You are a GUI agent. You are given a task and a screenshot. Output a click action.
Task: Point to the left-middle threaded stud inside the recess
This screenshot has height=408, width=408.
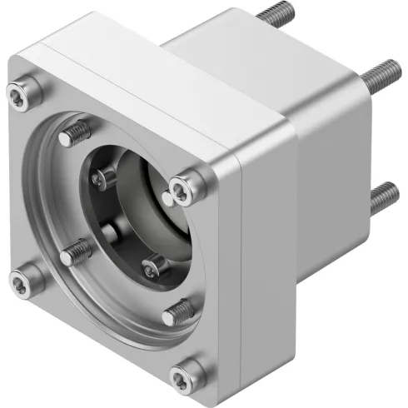[76, 249]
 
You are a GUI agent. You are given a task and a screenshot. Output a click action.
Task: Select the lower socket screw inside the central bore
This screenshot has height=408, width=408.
[152, 267]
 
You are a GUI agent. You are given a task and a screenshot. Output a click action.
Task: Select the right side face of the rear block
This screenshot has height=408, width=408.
[333, 167]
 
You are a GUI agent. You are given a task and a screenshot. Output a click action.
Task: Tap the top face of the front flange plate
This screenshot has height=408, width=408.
[142, 75]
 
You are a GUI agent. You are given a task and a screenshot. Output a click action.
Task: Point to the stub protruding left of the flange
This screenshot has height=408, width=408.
[7, 84]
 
